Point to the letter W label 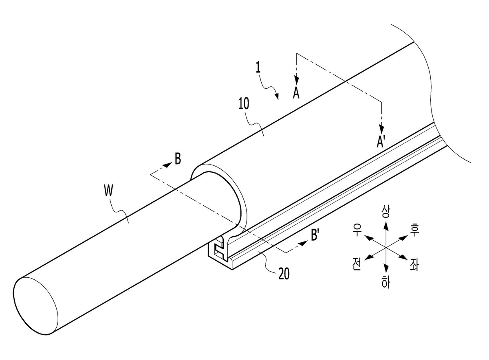pyautogui.click(x=108, y=191)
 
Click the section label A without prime pyautogui.click(x=296, y=93)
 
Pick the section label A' pyautogui.click(x=381, y=142)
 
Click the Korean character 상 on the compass pyautogui.click(x=385, y=212)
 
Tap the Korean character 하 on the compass pyautogui.click(x=386, y=282)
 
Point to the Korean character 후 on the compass pyautogui.click(x=414, y=231)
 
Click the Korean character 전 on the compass pyautogui.click(x=356, y=265)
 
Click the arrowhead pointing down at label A pyautogui.click(x=297, y=81)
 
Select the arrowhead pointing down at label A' pyautogui.click(x=381, y=129)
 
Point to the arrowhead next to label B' pyautogui.click(x=304, y=243)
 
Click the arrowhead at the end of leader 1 pyautogui.click(x=277, y=97)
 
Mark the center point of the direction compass pyautogui.click(x=386, y=248)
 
